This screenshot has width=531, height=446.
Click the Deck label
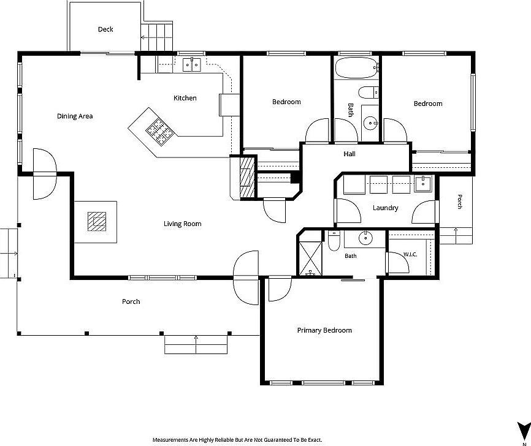click(105, 29)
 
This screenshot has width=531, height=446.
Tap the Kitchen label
click(185, 98)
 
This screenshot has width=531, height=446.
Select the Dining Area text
click(75, 116)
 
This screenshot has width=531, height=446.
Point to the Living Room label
click(183, 224)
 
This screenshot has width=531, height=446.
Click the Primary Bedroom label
click(324, 330)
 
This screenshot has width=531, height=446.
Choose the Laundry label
click(386, 208)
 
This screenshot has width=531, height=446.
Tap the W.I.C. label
click(410, 254)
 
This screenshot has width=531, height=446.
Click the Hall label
click(350, 154)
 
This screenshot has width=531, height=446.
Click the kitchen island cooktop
click(160, 132)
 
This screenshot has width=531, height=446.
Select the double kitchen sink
click(192, 65)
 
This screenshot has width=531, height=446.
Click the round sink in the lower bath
click(365, 238)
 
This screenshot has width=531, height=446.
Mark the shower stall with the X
click(310, 258)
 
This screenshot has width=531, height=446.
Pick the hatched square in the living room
click(97, 222)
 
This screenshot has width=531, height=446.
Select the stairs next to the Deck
click(157, 37)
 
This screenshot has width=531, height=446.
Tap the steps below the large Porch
click(196, 344)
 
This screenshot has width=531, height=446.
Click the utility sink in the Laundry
click(423, 183)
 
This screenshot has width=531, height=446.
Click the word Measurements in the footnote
click(170, 440)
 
